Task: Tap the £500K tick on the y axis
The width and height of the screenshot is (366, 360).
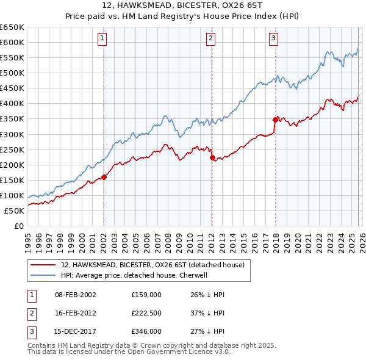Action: tap(12, 73)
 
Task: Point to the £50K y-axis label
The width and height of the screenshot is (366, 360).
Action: tap(14, 211)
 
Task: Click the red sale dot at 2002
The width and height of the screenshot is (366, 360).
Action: tap(104, 177)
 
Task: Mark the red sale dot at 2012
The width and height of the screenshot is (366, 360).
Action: tap(212, 157)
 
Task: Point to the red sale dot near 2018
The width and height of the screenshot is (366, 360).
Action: tap(275, 120)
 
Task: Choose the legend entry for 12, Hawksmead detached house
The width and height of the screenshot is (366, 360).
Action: tap(152, 265)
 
